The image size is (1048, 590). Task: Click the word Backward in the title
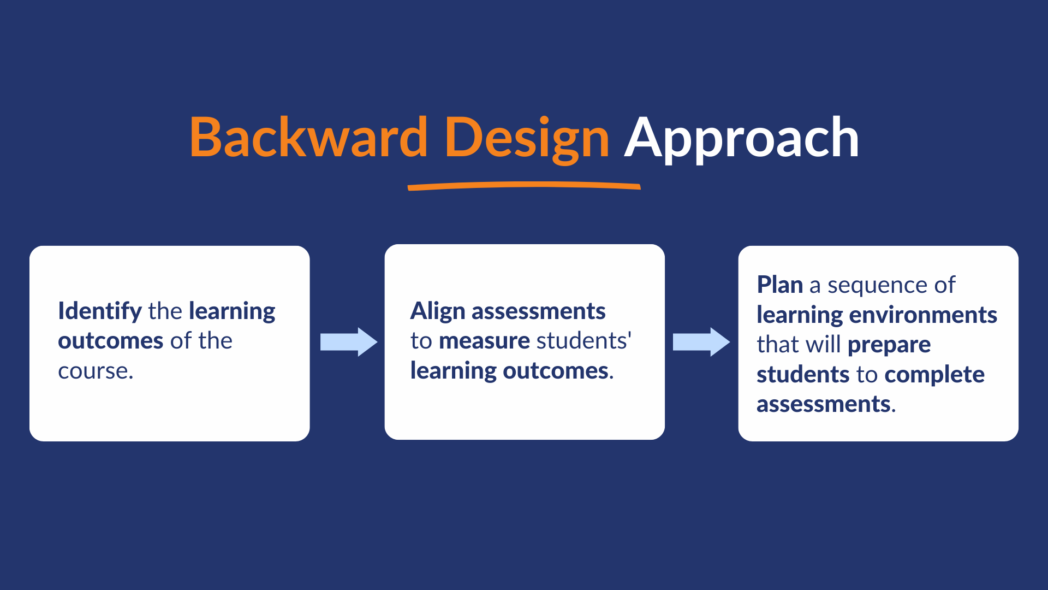(308, 138)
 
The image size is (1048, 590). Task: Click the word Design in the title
(526, 138)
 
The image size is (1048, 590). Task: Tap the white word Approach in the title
(741, 138)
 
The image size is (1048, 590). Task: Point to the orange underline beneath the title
(524, 186)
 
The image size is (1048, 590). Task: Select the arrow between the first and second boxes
(348, 342)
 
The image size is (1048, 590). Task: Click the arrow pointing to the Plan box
(701, 342)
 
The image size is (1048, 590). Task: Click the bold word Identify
(100, 311)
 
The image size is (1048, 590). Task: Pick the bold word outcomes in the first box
(111, 341)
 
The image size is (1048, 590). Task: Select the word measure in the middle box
(484, 341)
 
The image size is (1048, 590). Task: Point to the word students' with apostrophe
(583, 341)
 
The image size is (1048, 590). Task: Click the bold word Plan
(779, 285)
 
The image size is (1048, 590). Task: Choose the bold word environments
(923, 315)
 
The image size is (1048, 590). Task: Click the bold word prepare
(889, 345)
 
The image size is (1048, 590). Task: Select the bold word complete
(934, 375)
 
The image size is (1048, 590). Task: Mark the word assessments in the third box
(824, 404)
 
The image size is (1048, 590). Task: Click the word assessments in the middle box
(538, 311)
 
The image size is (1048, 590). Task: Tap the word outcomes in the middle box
(556, 371)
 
